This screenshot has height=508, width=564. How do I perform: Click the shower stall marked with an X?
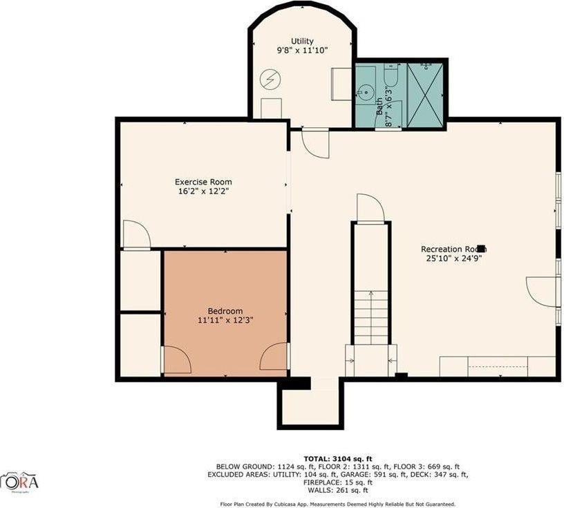424,94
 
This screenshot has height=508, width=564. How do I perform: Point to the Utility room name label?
301,41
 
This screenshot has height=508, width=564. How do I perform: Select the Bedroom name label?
225,311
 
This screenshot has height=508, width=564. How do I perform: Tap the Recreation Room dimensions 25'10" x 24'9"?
453,258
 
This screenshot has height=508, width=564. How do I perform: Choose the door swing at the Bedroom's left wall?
176,360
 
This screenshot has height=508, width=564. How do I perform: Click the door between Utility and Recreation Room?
314,142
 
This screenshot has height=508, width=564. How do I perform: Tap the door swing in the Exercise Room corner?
136,235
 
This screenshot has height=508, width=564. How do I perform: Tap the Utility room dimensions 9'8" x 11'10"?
301,50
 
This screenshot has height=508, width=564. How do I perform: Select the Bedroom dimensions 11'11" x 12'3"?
225,321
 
